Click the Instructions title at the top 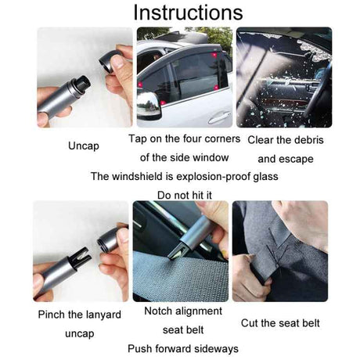coord(187,13)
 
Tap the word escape coord(297,159)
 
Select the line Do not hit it coord(185,194)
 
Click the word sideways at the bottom coord(215,348)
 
